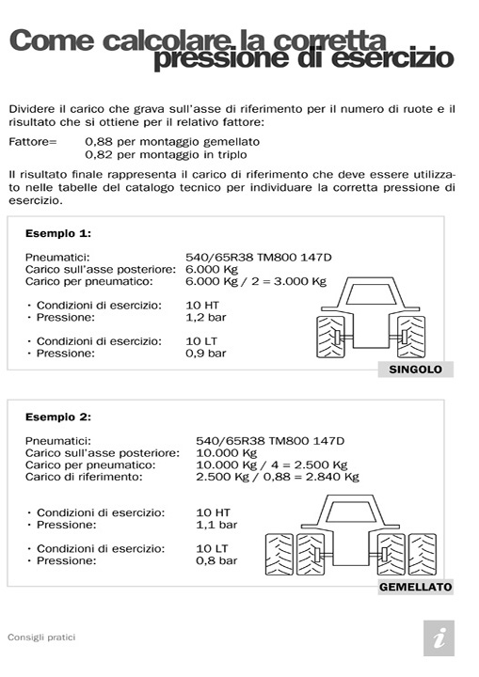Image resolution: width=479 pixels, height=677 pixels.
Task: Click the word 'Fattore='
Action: (x=33, y=141)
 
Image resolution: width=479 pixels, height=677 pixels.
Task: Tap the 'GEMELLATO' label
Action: (x=415, y=587)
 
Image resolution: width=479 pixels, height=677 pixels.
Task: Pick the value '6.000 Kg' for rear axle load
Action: (x=211, y=268)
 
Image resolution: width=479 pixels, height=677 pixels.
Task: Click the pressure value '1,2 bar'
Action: (x=206, y=318)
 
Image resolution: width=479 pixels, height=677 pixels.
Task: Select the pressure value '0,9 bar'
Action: (x=206, y=353)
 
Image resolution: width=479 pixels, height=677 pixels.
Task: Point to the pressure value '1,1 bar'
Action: (x=216, y=525)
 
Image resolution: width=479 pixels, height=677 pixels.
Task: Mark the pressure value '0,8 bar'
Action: (x=216, y=560)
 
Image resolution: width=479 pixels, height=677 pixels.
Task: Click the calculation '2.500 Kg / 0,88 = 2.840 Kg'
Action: (x=277, y=477)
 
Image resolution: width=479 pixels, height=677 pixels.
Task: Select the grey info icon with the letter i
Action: (x=439, y=638)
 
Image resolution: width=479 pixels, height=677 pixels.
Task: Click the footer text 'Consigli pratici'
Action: (x=41, y=638)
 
